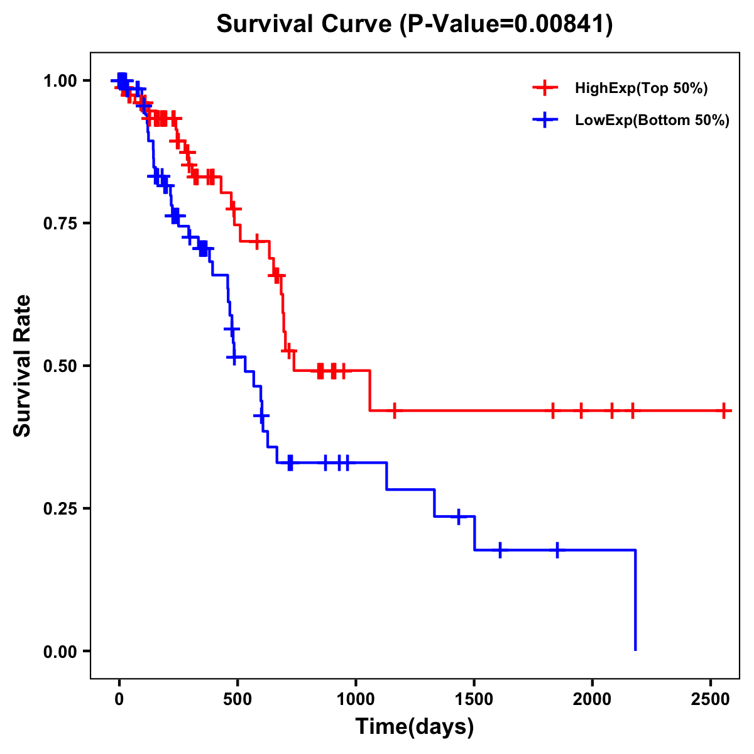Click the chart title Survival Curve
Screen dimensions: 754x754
pyautogui.click(x=305, y=25)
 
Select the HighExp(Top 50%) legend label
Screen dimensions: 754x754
pyautogui.click(x=641, y=88)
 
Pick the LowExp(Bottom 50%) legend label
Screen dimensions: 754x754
pyautogui.click(x=652, y=120)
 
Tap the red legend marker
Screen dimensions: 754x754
pyautogui.click(x=545, y=88)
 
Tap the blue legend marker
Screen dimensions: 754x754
pyautogui.click(x=545, y=120)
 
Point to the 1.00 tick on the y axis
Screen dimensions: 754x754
pyautogui.click(x=61, y=80)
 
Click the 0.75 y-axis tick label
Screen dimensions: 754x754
pyautogui.click(x=61, y=223)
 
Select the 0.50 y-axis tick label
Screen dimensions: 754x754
pyautogui.click(x=61, y=366)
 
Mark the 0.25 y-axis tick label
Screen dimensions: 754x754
pyautogui.click(x=61, y=508)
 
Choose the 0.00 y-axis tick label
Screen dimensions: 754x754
pyautogui.click(x=61, y=651)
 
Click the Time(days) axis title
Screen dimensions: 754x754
pyautogui.click(x=415, y=727)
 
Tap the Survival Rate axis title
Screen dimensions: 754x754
pyautogui.click(x=23, y=366)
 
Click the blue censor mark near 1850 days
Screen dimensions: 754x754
pyautogui.click(x=557, y=550)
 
